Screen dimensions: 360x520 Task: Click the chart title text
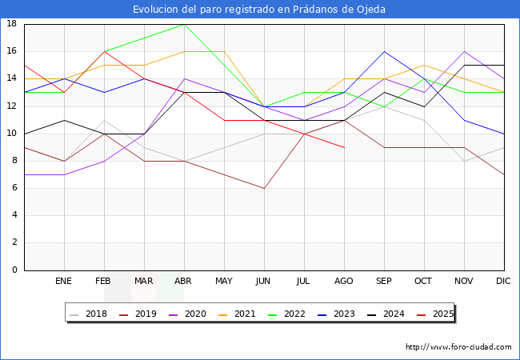pyautogui.click(x=259, y=10)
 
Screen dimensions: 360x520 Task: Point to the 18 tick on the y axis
pyautogui.click(x=12, y=24)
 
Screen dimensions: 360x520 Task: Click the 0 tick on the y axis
pyautogui.click(x=14, y=270)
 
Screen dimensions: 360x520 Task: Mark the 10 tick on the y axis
pyautogui.click(x=12, y=134)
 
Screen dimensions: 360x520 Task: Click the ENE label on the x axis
pyautogui.click(x=64, y=282)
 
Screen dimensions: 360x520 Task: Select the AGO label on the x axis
pyautogui.click(x=344, y=282)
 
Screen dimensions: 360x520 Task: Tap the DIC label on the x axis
pyautogui.click(x=503, y=282)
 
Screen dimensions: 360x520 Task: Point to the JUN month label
pyautogui.click(x=264, y=282)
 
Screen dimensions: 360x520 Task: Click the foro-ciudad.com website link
pyautogui.click(x=458, y=347)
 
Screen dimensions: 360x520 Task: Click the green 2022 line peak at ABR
pyautogui.click(x=184, y=24)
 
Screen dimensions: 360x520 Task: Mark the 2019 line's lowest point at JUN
pyautogui.click(x=264, y=188)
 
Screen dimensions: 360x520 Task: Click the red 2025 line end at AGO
pyautogui.click(x=344, y=147)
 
